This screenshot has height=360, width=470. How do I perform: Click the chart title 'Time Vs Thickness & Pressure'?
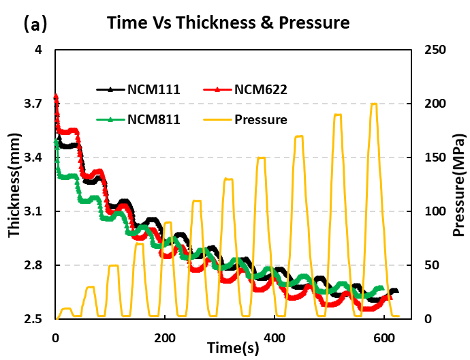click(x=228, y=23)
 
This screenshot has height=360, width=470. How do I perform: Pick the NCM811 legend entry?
click(x=154, y=119)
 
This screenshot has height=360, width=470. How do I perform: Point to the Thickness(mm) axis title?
click(x=14, y=184)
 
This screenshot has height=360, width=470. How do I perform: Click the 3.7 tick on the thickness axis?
click(x=34, y=104)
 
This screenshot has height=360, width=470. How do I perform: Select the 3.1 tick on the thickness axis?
click(x=34, y=211)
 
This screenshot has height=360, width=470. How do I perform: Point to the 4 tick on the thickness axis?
click(x=38, y=50)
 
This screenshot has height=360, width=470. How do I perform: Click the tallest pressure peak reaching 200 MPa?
click(x=373, y=104)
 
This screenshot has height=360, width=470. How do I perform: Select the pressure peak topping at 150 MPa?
click(x=261, y=158)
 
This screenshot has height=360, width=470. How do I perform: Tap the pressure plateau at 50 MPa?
click(x=114, y=266)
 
